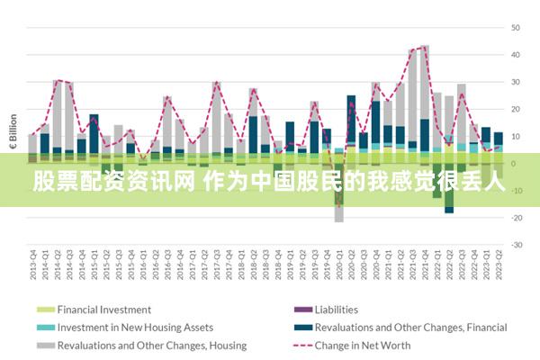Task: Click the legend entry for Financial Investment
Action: (x=104, y=310)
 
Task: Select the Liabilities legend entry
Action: (x=336, y=310)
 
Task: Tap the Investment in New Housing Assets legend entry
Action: (x=135, y=328)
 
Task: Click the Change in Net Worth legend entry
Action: (x=363, y=346)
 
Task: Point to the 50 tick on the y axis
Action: (x=517, y=28)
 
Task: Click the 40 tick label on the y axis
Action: (x=517, y=55)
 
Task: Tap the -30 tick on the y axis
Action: (x=517, y=245)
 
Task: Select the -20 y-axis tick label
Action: (x=517, y=218)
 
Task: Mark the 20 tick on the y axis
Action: (x=517, y=109)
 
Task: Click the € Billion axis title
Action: (x=13, y=132)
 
